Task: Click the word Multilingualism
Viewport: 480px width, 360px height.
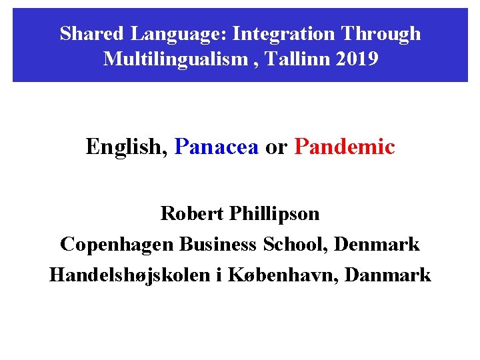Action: (x=175, y=59)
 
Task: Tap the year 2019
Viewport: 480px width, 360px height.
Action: (x=357, y=59)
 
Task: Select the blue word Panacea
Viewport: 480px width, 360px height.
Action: (x=216, y=146)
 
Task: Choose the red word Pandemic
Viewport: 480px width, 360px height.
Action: (x=344, y=146)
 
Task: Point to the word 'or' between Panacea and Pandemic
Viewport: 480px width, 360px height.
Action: (x=276, y=147)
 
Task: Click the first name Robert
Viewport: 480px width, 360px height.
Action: (x=192, y=214)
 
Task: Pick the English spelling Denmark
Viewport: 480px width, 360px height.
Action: (x=377, y=244)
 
